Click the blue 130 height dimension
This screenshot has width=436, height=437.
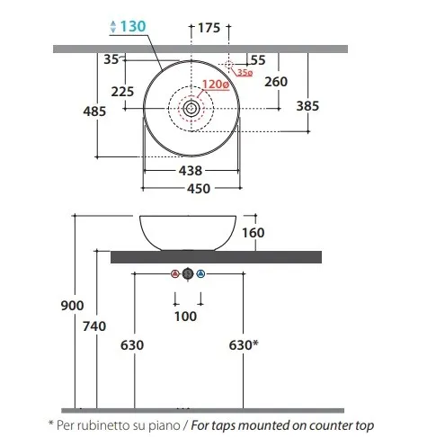[133, 26]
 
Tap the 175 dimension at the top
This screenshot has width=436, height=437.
[209, 28]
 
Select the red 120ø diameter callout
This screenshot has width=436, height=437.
[216, 85]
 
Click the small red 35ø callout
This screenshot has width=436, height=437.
[245, 72]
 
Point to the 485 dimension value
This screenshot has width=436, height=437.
[94, 111]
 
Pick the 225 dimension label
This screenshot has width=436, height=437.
[122, 92]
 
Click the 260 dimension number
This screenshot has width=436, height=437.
[276, 82]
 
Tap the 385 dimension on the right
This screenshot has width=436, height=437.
[307, 106]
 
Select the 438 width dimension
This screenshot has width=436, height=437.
[191, 171]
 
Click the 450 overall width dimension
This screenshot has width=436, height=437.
[199, 189]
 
